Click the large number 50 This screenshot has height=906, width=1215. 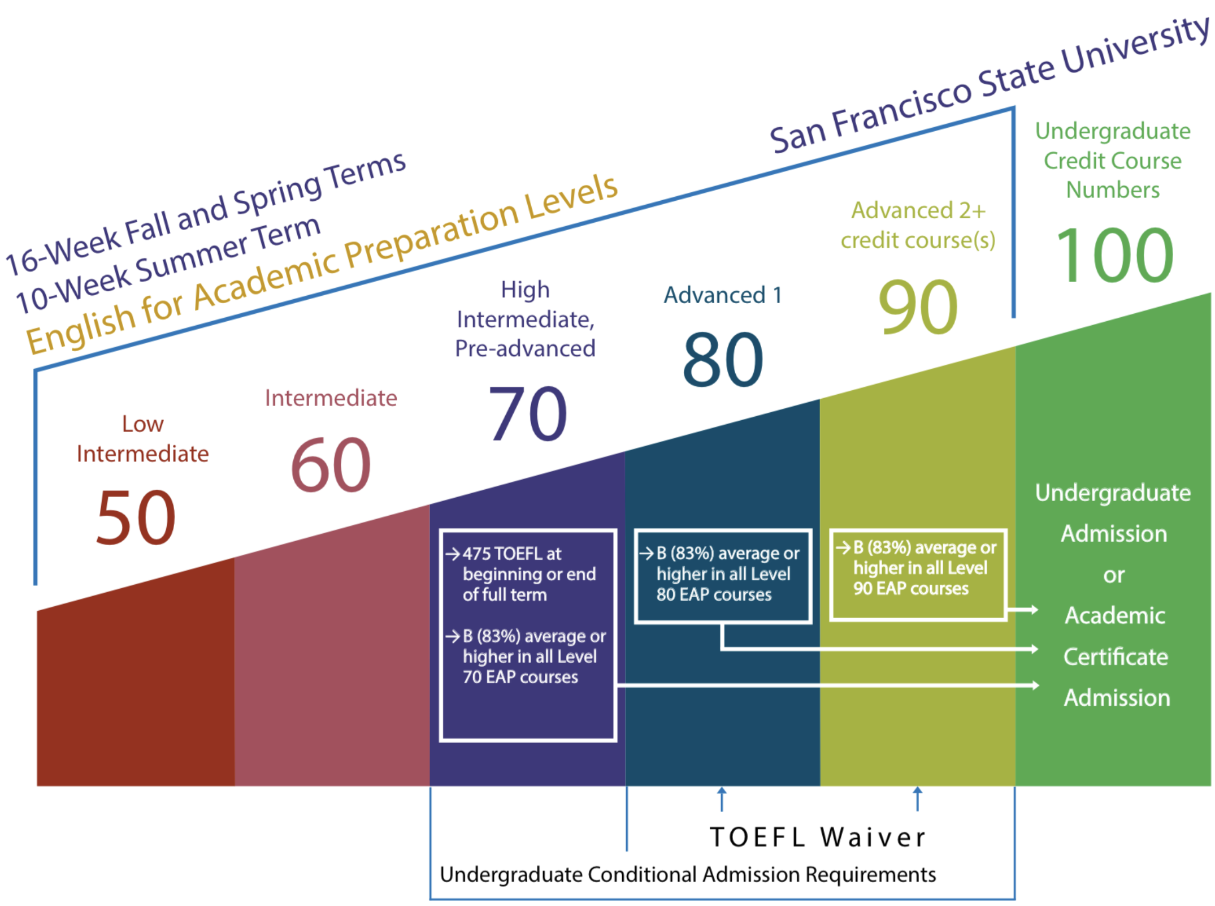(x=136, y=517)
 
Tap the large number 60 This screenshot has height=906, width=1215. (x=331, y=465)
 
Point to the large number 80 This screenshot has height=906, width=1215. (x=723, y=360)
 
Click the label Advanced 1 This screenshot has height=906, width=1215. (x=723, y=295)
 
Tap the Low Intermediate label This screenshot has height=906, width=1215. (x=142, y=439)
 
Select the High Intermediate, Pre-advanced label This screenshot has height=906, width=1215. (x=525, y=320)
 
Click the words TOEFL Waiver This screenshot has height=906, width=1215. (x=818, y=837)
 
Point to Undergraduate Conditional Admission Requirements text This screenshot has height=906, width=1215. (x=687, y=874)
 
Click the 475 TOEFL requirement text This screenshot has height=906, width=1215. (x=520, y=573)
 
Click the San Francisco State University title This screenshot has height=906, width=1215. (x=989, y=85)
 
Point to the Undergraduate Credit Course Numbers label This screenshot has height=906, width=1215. (x=1113, y=161)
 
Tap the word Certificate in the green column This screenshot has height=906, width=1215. (x=1116, y=657)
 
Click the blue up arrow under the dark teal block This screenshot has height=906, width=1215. (x=722, y=799)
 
